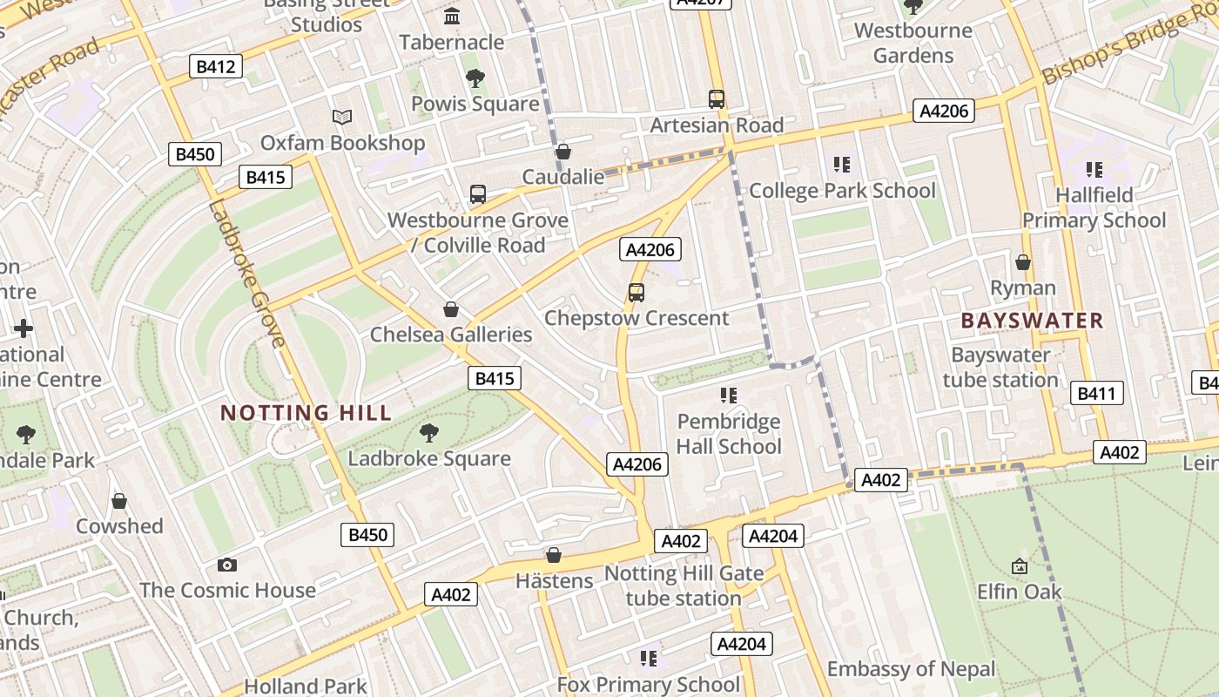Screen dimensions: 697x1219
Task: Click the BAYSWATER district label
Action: tap(1032, 321)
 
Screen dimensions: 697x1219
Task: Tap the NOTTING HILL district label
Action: tap(306, 413)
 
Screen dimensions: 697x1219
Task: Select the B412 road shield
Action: tap(216, 66)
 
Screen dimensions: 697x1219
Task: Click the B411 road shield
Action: tap(1095, 393)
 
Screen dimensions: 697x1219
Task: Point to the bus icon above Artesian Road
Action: tap(717, 99)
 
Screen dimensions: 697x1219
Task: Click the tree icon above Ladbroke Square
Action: tap(428, 432)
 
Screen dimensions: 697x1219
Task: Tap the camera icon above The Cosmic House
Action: tap(227, 565)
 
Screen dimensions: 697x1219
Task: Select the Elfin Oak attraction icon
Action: tap(1020, 566)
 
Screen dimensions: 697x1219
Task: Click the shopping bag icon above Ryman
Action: tap(1023, 262)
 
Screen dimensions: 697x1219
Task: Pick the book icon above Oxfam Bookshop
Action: tap(342, 117)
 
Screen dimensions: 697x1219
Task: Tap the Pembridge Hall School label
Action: tap(729, 434)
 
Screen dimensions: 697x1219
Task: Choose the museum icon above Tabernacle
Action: tap(452, 17)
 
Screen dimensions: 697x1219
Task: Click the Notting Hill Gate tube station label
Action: tap(684, 585)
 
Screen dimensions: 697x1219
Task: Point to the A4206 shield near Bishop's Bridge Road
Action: tap(943, 111)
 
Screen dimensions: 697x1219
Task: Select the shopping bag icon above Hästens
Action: tap(553, 555)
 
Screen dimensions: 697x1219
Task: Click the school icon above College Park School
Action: tap(841, 164)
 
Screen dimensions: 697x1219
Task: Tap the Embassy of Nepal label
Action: tap(911, 669)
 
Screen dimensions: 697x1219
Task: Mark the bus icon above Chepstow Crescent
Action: tap(636, 293)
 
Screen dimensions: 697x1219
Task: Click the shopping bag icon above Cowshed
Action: tap(119, 501)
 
